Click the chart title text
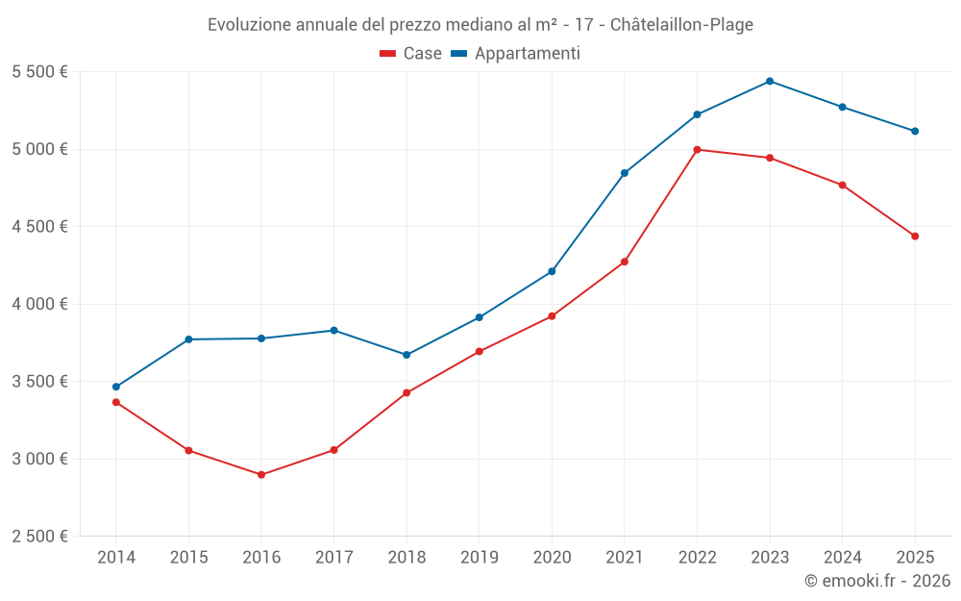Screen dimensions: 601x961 pyautogui.click(x=480, y=24)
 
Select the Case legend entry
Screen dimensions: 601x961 pyautogui.click(x=411, y=54)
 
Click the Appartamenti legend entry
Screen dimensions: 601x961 pyautogui.click(x=516, y=54)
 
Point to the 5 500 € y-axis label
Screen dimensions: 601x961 pyautogui.click(x=39, y=72)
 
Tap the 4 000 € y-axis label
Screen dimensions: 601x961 pyautogui.click(x=39, y=304)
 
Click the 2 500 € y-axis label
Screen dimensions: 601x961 pyautogui.click(x=39, y=537)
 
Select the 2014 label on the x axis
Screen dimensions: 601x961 pyautogui.click(x=116, y=557)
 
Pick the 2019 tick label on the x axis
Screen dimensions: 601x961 pyautogui.click(x=479, y=557)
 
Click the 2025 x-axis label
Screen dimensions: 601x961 pyautogui.click(x=915, y=557)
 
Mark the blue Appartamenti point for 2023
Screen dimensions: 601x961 pyautogui.click(x=770, y=81)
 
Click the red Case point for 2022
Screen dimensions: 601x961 pyautogui.click(x=697, y=149)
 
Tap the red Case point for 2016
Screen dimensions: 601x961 pyautogui.click(x=261, y=475)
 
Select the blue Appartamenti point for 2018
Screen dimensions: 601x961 pyautogui.click(x=407, y=355)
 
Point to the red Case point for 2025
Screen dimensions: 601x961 pyautogui.click(x=915, y=237)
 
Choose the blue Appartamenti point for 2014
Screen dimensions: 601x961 pyautogui.click(x=116, y=387)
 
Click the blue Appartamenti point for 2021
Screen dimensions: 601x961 pyautogui.click(x=625, y=173)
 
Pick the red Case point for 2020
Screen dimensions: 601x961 pyautogui.click(x=552, y=316)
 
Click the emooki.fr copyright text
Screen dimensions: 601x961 pyautogui.click(x=877, y=581)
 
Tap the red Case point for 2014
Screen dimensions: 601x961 pyautogui.click(x=116, y=402)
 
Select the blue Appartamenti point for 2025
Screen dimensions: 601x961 pyautogui.click(x=915, y=131)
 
